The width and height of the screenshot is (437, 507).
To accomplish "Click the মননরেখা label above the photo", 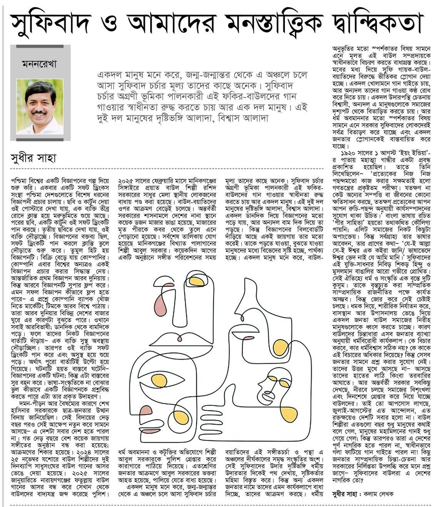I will click(39, 64).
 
